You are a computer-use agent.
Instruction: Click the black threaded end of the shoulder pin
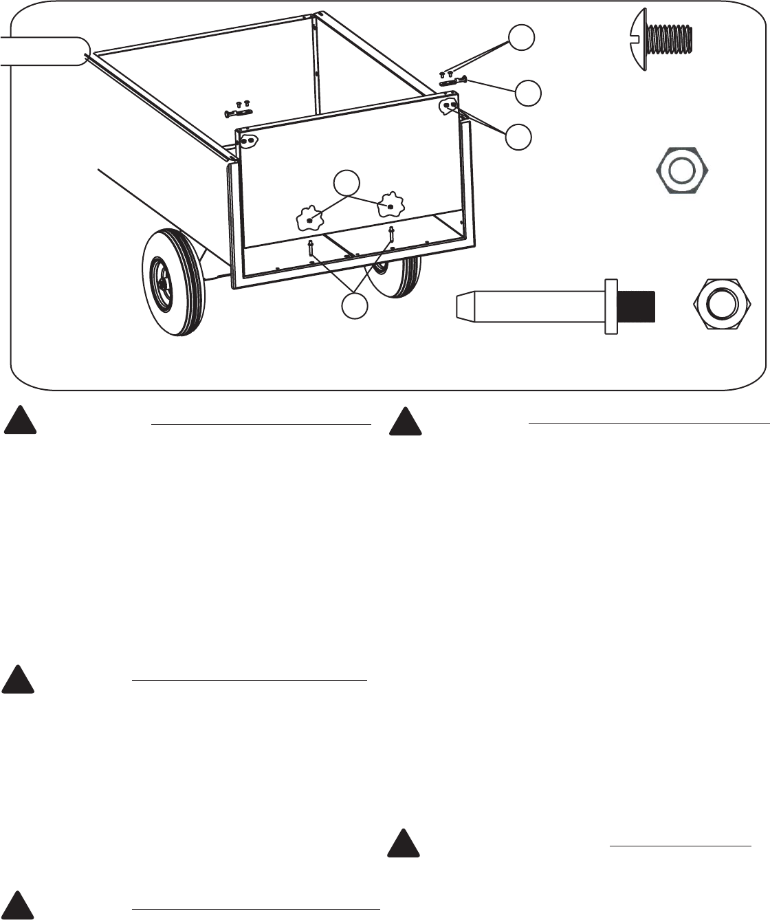637,307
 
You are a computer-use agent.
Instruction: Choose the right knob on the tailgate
390,205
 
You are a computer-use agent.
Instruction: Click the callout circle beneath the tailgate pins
355,306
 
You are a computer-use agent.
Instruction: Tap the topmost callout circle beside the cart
522,38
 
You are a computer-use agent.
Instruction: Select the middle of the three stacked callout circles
528,93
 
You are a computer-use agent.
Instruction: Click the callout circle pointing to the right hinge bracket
519,137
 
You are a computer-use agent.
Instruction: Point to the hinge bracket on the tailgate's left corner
249,140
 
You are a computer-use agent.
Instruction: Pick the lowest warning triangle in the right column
404,845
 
